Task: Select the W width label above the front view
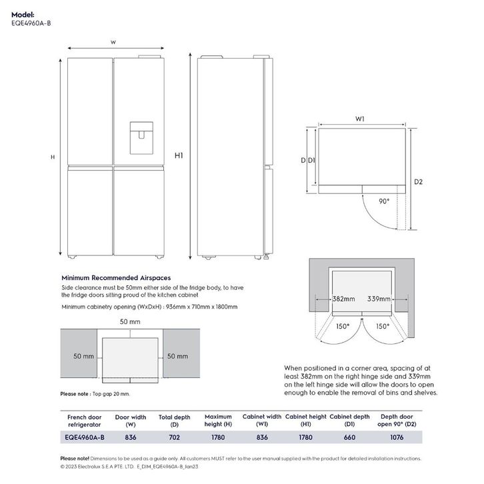coord(113,42)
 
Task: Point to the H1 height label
coord(179,155)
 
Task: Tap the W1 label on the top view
coord(360,119)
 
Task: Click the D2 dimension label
coord(419,181)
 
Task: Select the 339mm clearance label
coord(379,299)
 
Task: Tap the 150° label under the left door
coord(343,327)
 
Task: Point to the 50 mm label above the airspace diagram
coord(130,322)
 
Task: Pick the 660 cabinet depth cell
coord(349,437)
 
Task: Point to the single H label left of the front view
coord(52,157)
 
